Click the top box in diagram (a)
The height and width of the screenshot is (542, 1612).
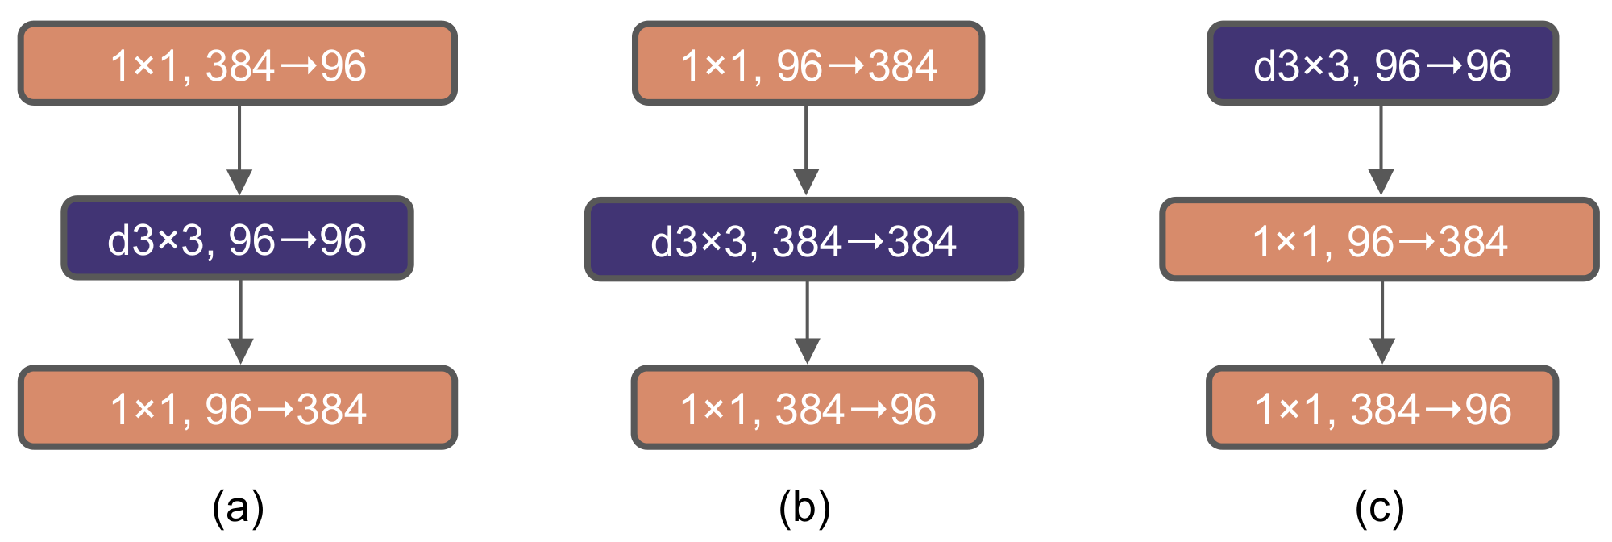238,64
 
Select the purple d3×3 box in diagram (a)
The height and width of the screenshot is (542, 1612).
238,239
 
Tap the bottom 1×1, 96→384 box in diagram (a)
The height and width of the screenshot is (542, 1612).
238,408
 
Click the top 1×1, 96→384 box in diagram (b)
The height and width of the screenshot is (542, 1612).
808,64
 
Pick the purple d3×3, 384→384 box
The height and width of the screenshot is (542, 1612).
804,240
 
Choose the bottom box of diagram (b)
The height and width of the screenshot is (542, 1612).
808,408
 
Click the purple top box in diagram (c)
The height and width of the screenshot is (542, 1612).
1382,64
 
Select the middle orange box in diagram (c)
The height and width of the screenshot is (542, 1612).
1379,240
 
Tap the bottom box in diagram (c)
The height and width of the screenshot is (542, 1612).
1382,408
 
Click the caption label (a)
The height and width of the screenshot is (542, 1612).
238,508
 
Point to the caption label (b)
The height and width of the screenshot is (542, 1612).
804,508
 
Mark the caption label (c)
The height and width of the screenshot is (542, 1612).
1380,508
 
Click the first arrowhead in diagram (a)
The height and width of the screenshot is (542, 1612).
239,181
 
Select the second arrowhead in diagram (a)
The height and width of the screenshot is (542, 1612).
241,350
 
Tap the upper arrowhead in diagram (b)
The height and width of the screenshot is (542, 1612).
806,181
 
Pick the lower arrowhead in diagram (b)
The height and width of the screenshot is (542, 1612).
808,350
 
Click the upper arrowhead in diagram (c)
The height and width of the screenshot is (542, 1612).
1381,181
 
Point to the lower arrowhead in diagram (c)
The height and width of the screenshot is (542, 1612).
1383,350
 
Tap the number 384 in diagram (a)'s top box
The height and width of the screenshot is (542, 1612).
239,65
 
